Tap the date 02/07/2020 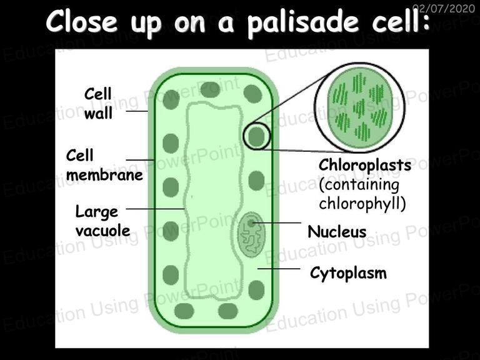pyautogui.click(x=444, y=8)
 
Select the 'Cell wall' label pyautogui.click(x=98, y=104)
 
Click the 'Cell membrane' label pyautogui.click(x=104, y=165)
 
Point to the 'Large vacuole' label pyautogui.click(x=102, y=221)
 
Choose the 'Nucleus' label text pyautogui.click(x=337, y=231)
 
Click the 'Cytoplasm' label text pyautogui.click(x=348, y=272)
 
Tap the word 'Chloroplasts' pyautogui.click(x=364, y=165)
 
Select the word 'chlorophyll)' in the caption pyautogui.click(x=362, y=204)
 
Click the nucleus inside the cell pyautogui.click(x=251, y=234)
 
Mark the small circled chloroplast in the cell pyautogui.click(x=256, y=136)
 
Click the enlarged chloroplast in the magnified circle pyautogui.click(x=359, y=107)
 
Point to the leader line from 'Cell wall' pyautogui.click(x=137, y=111)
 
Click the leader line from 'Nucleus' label pyautogui.click(x=276, y=223)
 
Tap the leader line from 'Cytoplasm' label pyautogui.click(x=279, y=269)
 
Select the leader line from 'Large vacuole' pyautogui.click(x=155, y=209)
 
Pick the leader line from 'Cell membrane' pyautogui.click(x=140, y=160)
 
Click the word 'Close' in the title pyautogui.click(x=82, y=21)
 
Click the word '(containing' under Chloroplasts pyautogui.click(x=359, y=185)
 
